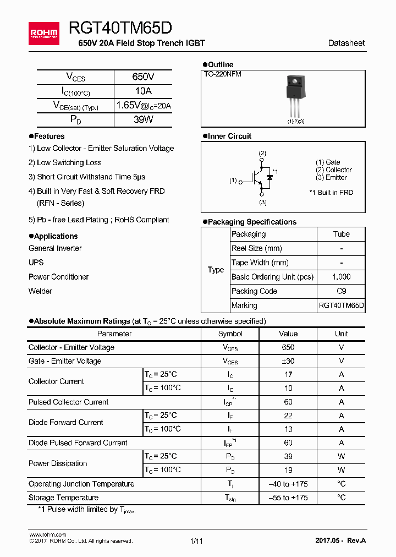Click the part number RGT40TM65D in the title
pyautogui.click(x=120, y=29)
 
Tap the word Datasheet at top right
pyautogui.click(x=346, y=43)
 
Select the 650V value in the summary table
pyautogui.click(x=143, y=77)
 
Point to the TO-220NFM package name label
pyautogui.click(x=223, y=74)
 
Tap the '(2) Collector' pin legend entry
pyautogui.click(x=333, y=170)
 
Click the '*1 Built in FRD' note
pyautogui.click(x=331, y=193)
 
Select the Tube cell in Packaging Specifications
pyautogui.click(x=341, y=234)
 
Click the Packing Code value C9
pyautogui.click(x=341, y=291)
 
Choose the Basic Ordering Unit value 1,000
pyautogui.click(x=341, y=277)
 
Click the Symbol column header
pyautogui.click(x=230, y=334)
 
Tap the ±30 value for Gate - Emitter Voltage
pyautogui.click(x=288, y=361)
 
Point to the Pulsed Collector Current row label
pyautogui.click(x=69, y=402)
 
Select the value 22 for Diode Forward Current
pyautogui.click(x=288, y=416)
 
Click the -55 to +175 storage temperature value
pyautogui.click(x=288, y=498)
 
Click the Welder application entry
pyautogui.click(x=41, y=291)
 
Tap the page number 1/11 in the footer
pyautogui.click(x=196, y=541)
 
